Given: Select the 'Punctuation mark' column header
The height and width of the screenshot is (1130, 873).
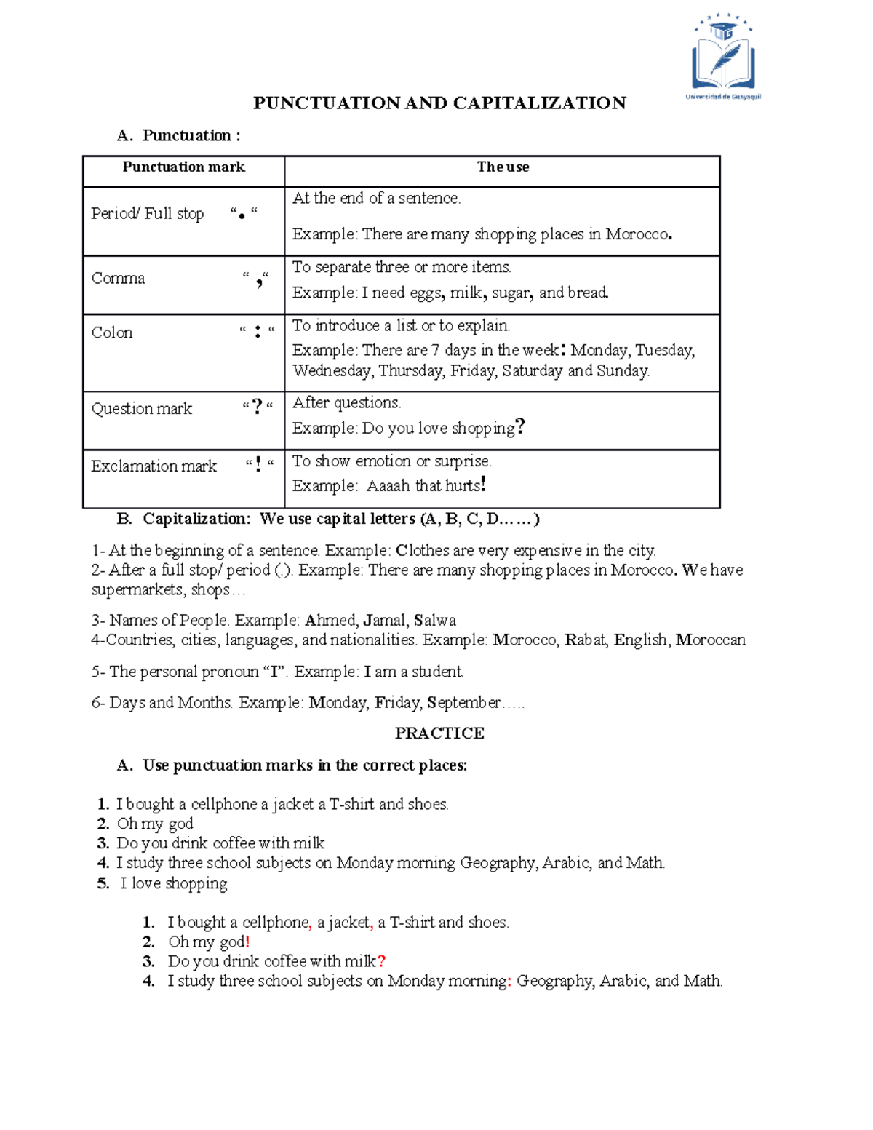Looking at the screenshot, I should point(183,167).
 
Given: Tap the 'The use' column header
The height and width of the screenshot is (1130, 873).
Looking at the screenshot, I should point(503,167).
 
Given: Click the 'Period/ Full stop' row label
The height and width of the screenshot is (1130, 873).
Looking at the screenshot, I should point(147,214).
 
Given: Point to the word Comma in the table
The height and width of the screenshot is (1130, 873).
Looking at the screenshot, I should point(118,279).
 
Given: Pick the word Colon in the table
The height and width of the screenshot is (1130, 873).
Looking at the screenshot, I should point(112,333).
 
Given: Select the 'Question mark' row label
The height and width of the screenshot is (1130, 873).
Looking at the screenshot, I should point(142,409).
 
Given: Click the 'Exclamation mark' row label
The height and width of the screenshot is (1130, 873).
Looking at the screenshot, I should point(154,466).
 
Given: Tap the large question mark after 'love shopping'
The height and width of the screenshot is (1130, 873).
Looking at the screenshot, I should point(519,426).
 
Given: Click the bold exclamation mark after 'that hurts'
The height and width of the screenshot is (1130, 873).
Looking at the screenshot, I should point(483,485).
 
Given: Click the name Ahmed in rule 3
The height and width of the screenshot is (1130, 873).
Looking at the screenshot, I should point(330,621).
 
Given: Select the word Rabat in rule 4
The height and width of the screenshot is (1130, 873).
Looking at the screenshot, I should point(586,640).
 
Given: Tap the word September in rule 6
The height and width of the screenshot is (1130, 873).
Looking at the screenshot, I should point(464,703).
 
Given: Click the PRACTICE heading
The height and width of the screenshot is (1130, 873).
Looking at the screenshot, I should point(439,733).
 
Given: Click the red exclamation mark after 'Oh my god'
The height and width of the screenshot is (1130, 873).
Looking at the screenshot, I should point(247,942).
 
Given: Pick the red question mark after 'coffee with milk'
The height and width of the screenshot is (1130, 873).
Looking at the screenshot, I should point(381,962).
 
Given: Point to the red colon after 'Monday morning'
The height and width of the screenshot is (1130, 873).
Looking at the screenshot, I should point(509,982).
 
